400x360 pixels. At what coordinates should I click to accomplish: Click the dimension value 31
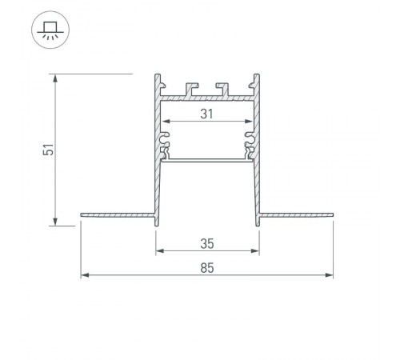(206, 114)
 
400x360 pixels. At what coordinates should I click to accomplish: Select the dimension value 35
(207, 241)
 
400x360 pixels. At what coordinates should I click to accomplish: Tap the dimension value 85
(207, 267)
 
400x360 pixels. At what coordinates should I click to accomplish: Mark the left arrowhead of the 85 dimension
(84, 277)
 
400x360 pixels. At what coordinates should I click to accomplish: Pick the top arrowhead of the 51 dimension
(56, 78)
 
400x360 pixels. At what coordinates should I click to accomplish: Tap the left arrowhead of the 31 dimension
(166, 122)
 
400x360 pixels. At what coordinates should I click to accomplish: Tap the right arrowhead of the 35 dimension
(258, 250)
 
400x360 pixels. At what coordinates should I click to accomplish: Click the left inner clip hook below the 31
(166, 145)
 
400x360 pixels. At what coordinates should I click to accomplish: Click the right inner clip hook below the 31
(249, 145)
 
